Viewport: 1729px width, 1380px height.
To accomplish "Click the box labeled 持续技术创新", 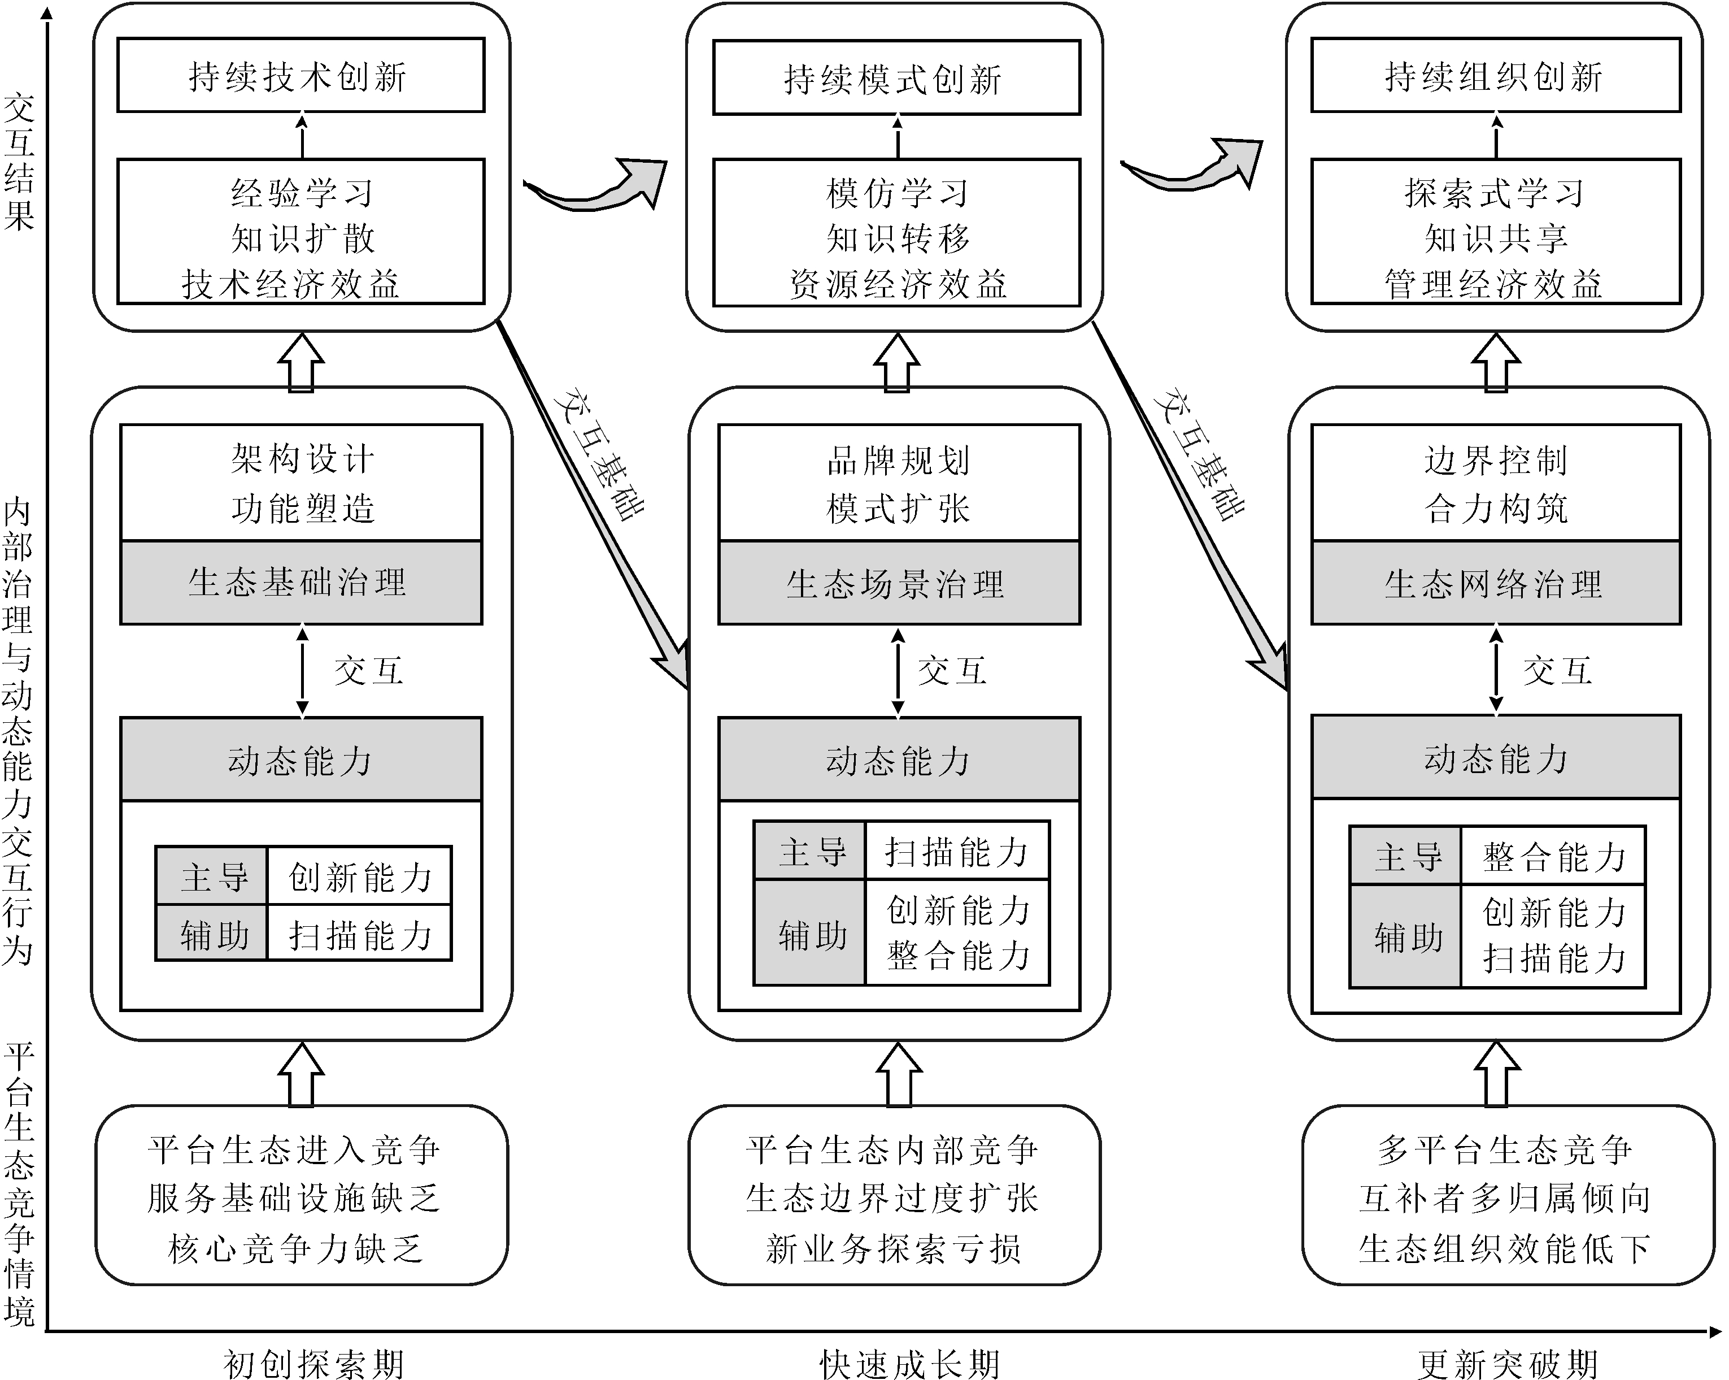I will [x=300, y=75].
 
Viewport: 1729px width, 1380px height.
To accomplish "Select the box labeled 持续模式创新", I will [x=896, y=78].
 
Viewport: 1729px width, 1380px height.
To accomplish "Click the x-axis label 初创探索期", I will [x=313, y=1363].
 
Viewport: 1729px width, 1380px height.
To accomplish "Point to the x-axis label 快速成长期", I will [x=910, y=1363].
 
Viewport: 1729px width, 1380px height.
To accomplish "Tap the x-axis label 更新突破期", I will [x=1508, y=1363].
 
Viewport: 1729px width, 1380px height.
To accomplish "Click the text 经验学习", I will [x=302, y=193].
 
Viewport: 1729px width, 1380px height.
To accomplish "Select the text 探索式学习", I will [x=1495, y=193].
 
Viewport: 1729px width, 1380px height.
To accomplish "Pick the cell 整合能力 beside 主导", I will [x=1553, y=856].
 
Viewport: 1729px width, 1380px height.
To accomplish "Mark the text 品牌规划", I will [x=898, y=460].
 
